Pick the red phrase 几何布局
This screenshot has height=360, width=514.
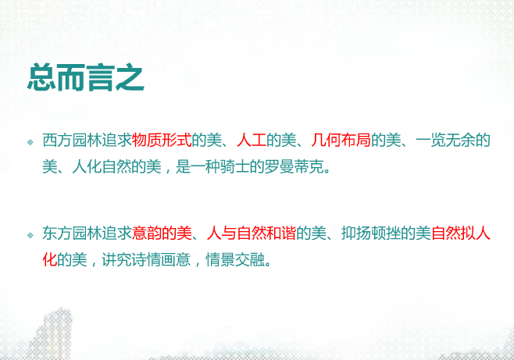point(340,141)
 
